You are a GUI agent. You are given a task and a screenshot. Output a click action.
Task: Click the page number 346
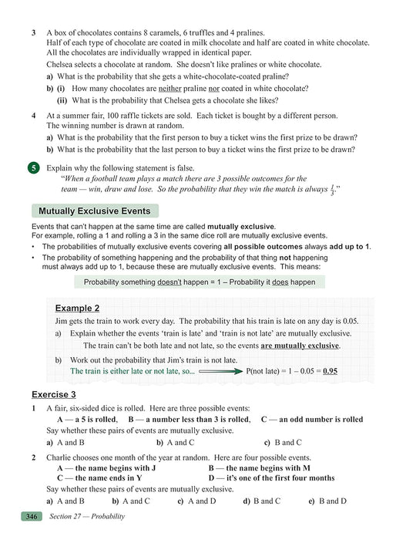(x=32, y=516)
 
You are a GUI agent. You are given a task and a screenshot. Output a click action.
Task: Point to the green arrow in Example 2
(x=221, y=371)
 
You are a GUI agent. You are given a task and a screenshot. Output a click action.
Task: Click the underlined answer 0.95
(x=330, y=371)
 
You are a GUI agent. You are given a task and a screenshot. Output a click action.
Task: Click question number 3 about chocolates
(x=34, y=33)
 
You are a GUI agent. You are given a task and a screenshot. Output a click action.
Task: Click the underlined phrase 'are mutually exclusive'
(x=301, y=345)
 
